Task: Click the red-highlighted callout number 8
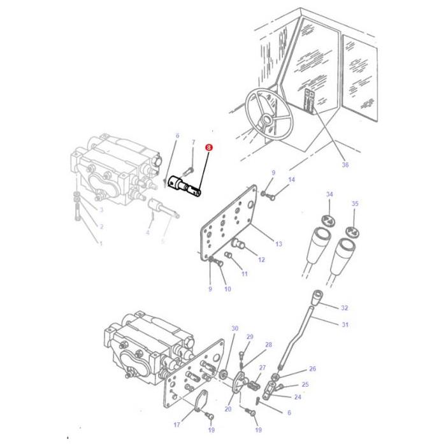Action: coord(208,147)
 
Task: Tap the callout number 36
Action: coord(345,165)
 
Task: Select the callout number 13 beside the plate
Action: coord(278,244)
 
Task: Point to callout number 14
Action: coord(291,180)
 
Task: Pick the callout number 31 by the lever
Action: coord(345,325)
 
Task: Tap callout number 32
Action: coord(344,308)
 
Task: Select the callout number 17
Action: coord(176,424)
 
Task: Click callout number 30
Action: coord(234,329)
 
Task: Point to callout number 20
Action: coord(228,409)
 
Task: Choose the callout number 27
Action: coord(262,368)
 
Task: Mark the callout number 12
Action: coord(261,259)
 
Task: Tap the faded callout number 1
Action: coord(99,243)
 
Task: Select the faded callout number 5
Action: coord(162,241)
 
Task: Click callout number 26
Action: coord(312,369)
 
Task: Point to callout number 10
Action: coord(227,290)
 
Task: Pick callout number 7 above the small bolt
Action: coord(193,142)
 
